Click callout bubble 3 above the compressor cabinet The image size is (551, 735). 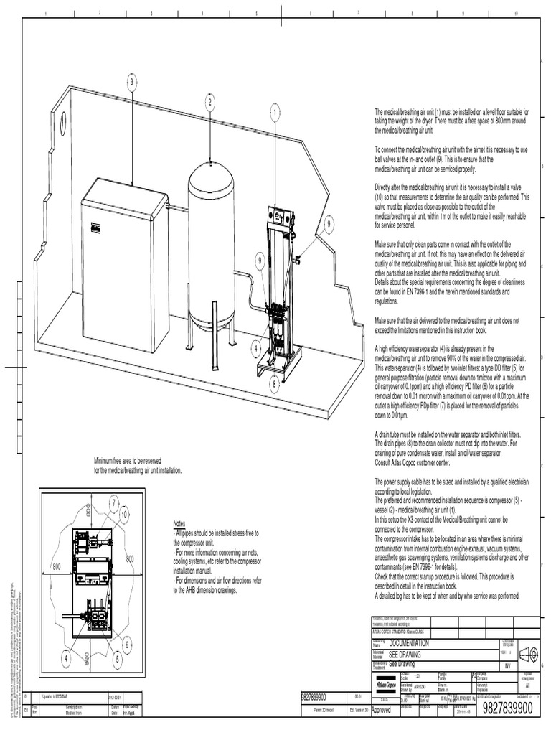[132, 83]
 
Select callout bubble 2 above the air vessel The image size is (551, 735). [210, 103]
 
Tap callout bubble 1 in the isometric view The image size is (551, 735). [275, 112]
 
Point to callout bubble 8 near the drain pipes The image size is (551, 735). [273, 384]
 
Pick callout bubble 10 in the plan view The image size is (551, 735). [124, 514]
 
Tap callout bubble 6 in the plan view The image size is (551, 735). [128, 645]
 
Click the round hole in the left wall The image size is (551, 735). [63, 123]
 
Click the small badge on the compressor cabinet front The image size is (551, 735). [94, 228]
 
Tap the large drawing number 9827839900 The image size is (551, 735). [508, 709]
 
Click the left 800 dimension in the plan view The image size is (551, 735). [57, 567]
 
